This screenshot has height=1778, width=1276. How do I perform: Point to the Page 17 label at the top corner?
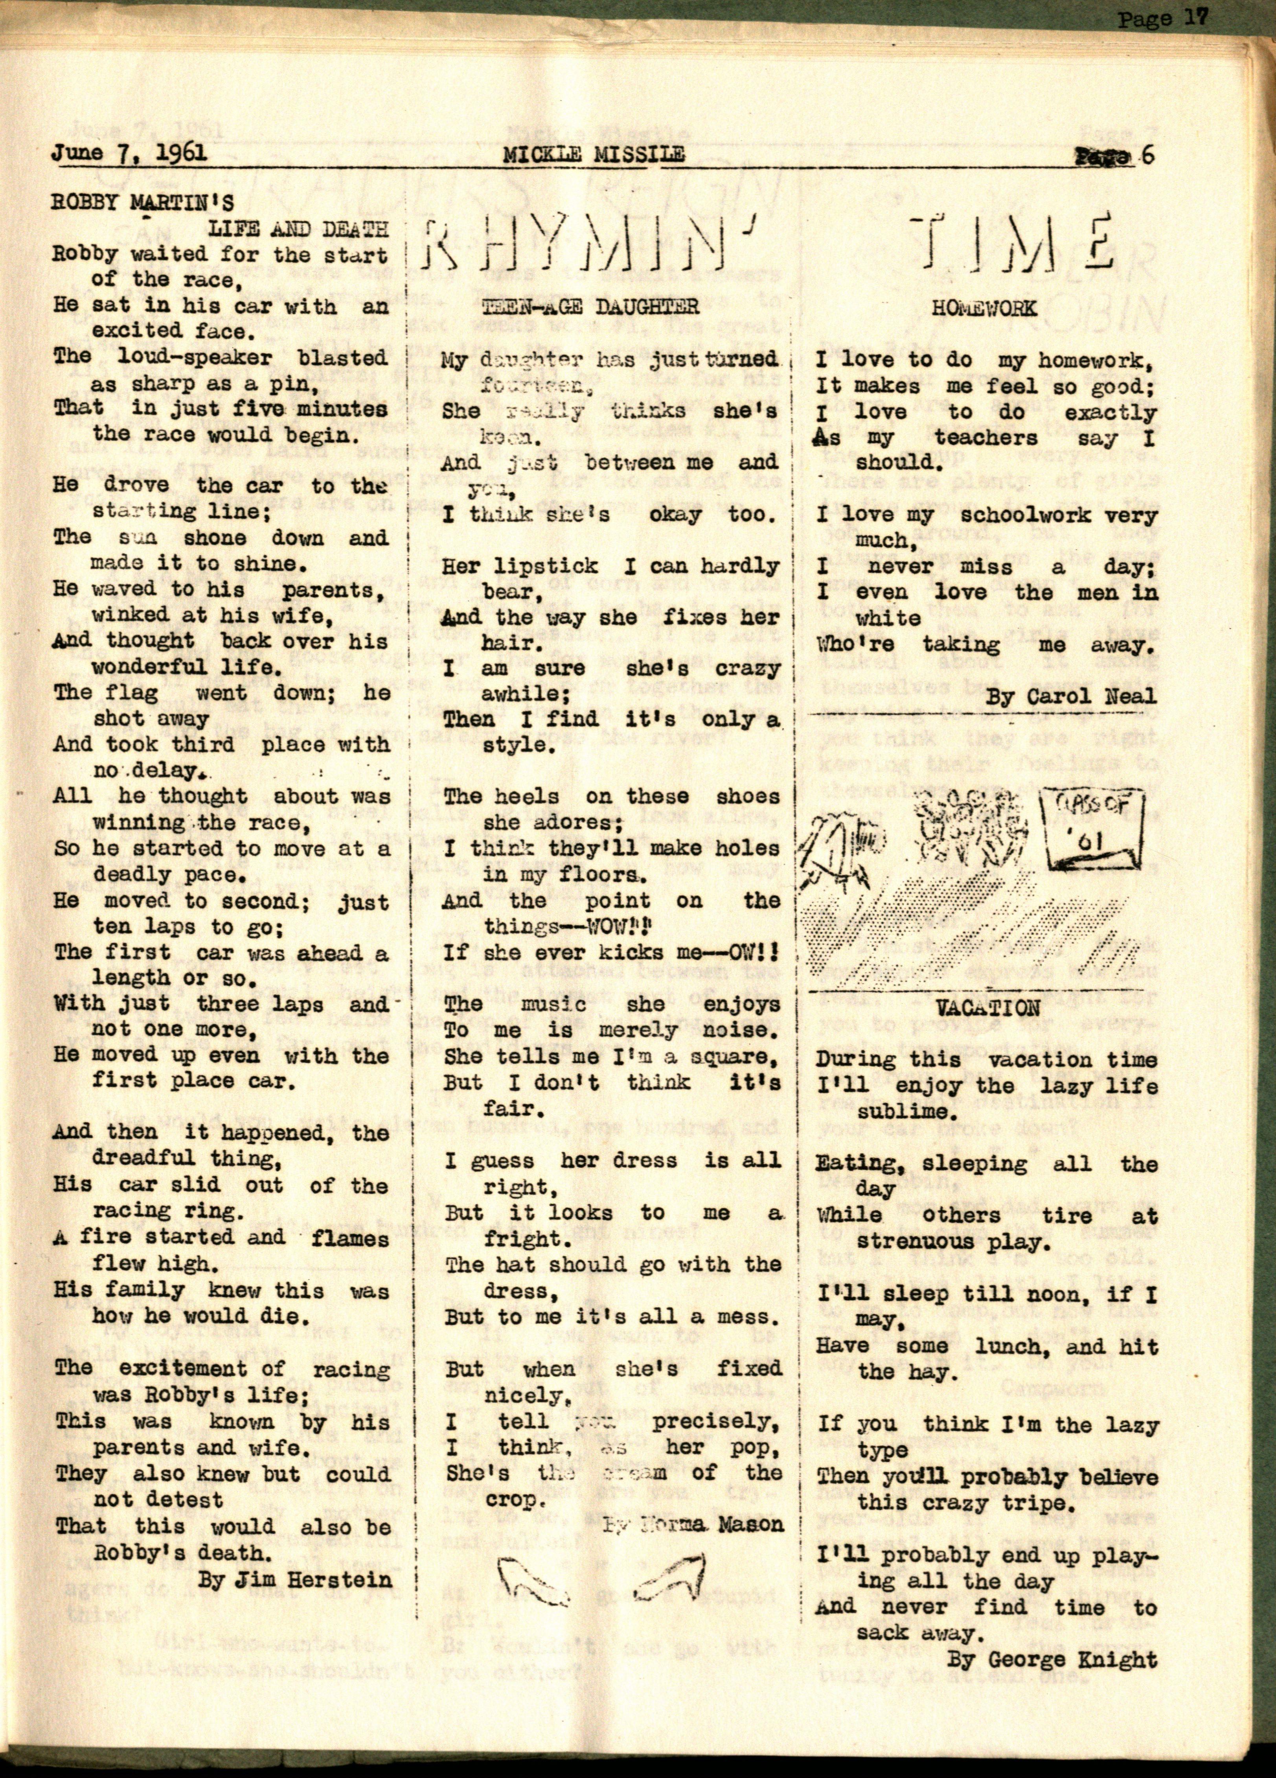[x=1163, y=19]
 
